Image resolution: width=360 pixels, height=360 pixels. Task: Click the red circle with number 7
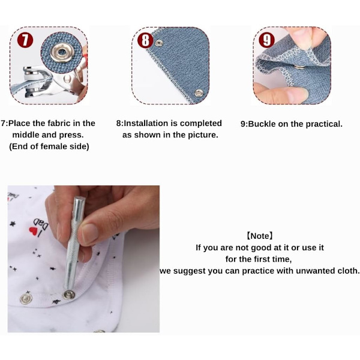[25, 40]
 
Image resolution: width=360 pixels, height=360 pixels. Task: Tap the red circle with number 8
[145, 40]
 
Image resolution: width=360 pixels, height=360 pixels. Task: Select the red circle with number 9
[266, 40]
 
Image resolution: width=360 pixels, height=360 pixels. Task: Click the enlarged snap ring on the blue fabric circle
[61, 52]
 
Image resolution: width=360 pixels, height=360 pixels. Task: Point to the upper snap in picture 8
[159, 43]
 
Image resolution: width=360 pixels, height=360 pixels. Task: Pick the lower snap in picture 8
[199, 93]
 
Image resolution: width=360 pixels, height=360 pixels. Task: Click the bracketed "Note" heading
[260, 236]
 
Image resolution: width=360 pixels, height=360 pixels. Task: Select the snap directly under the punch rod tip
[68, 295]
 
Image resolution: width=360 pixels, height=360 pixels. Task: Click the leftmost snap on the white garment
[26, 299]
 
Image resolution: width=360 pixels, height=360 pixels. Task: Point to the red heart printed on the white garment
[32, 230]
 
